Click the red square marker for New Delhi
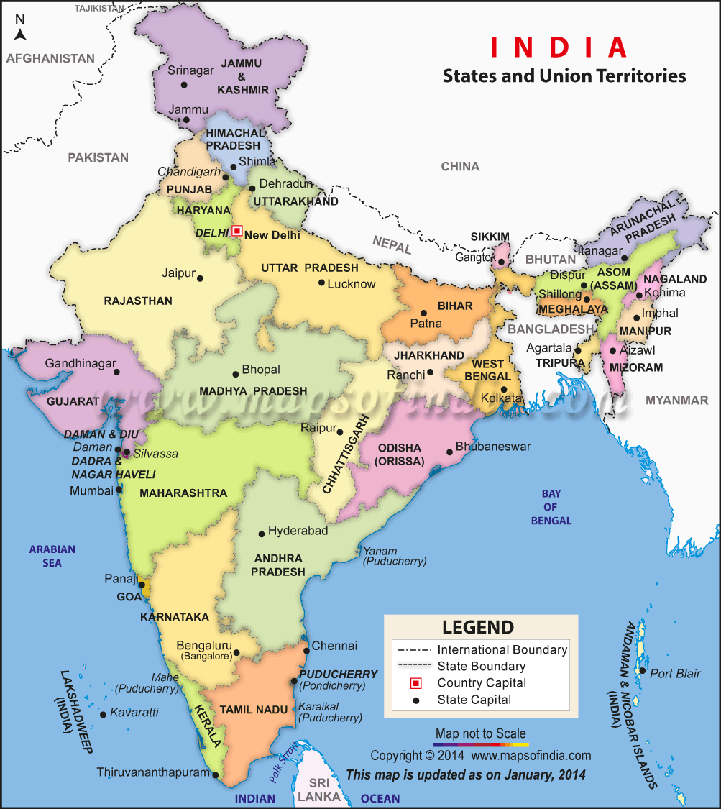237,231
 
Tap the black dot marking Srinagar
184,85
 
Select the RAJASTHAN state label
138,301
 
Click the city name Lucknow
352,284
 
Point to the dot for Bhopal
235,374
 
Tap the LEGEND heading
478,626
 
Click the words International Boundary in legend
502,650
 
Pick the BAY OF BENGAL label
551,507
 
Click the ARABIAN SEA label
52,556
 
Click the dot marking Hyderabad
262,534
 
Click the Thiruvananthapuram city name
154,773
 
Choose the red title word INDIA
559,47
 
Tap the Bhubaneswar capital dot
449,452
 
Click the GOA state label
129,597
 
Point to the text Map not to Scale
480,733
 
